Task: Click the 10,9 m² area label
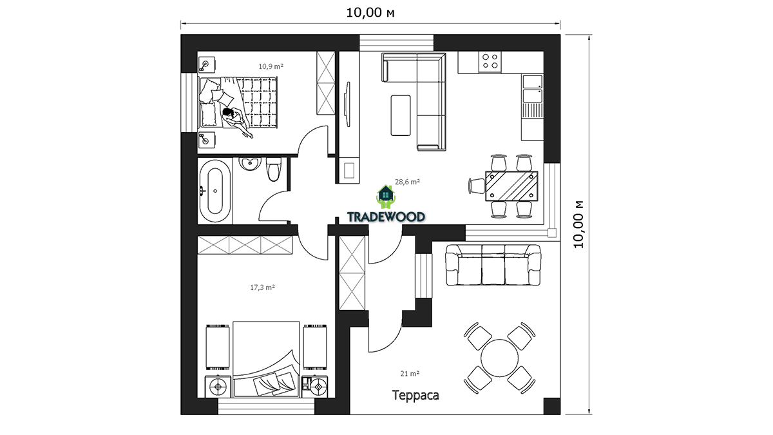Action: pos(271,66)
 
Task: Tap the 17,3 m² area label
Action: pos(262,287)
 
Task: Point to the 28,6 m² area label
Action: pos(407,182)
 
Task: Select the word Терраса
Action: pos(415,395)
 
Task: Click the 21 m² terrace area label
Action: pos(410,373)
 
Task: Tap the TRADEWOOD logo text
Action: pos(386,217)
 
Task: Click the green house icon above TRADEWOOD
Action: pos(386,197)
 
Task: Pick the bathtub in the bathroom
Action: pos(215,191)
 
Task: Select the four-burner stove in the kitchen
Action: pos(490,61)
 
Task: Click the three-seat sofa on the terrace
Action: pos(493,265)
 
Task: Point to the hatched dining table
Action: pos(511,186)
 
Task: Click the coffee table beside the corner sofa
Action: pos(401,115)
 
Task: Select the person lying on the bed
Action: pos(237,122)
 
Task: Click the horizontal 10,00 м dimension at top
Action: pos(370,13)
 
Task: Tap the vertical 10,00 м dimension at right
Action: pos(579,224)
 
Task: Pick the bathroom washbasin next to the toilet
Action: pos(251,164)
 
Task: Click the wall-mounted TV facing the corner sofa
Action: pos(347,104)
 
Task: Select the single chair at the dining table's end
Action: pos(477,186)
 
